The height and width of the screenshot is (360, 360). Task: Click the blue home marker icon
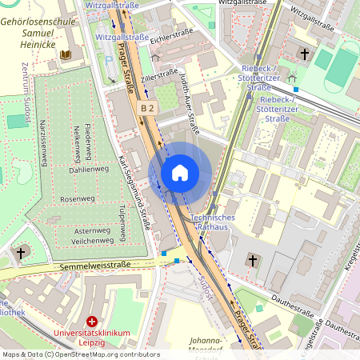pos(180,172)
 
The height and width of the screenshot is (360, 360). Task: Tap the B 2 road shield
pos(146,107)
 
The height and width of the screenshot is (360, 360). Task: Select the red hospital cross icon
pos(92,321)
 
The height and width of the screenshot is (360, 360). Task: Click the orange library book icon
pos(66,54)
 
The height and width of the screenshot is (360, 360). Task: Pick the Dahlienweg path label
pos(88,170)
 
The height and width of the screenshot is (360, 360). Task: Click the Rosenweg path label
pos(77,198)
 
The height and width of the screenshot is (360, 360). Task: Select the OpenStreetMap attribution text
pos(80,354)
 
